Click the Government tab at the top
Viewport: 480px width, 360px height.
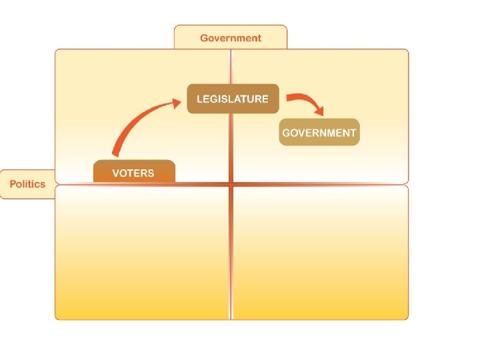coord(231,38)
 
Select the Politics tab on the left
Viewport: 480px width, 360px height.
coord(27,184)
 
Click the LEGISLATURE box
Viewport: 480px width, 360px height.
coord(232,99)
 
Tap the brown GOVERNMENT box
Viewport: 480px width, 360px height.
coord(319,132)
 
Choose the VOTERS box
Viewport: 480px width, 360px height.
coord(133,173)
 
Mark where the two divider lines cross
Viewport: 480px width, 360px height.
coord(231,184)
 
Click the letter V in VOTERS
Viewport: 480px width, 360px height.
coord(116,173)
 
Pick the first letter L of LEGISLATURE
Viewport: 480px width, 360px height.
coord(199,99)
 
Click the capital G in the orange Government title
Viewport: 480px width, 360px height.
coord(204,38)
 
